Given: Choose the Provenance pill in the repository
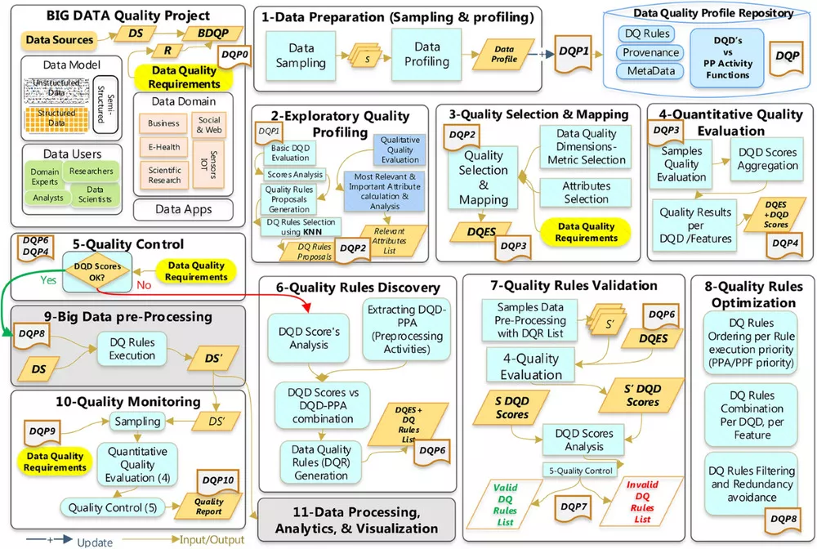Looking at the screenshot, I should [x=651, y=52].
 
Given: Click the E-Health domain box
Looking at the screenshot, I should [x=163, y=148].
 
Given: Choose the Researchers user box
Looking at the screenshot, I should [x=91, y=172].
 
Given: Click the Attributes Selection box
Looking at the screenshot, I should [x=586, y=193].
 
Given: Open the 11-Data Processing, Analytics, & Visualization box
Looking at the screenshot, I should [x=356, y=520].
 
